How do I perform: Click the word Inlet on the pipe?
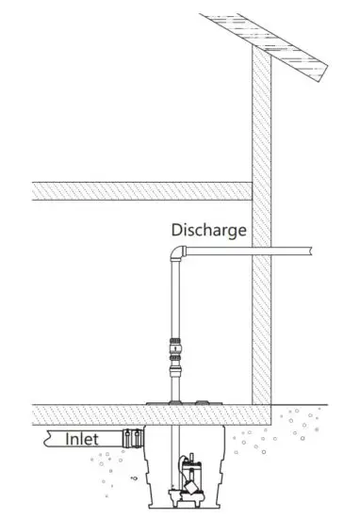[x=84, y=439]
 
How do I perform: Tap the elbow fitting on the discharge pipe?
[x=176, y=254]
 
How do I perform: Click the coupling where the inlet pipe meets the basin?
[x=133, y=438]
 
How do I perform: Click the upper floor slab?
[x=141, y=190]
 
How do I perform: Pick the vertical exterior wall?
[x=261, y=235]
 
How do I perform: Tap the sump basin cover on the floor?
[x=188, y=407]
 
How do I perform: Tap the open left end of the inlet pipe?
[x=48, y=439]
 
